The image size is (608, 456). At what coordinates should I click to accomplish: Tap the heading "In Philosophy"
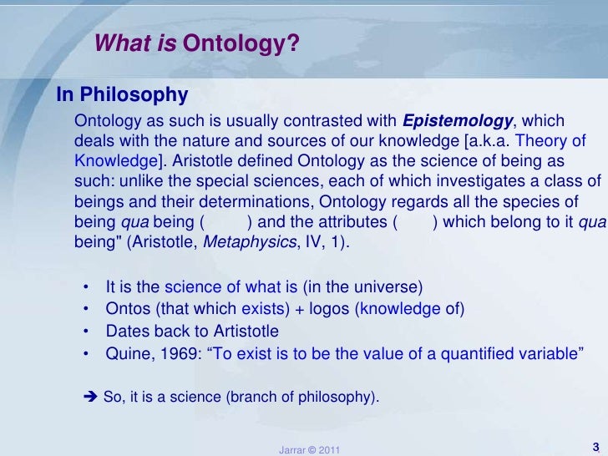pyautogui.click(x=122, y=94)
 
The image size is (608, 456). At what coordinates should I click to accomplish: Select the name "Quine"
pyautogui.click(x=126, y=352)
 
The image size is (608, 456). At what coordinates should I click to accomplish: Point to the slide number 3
pyautogui.click(x=595, y=445)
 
